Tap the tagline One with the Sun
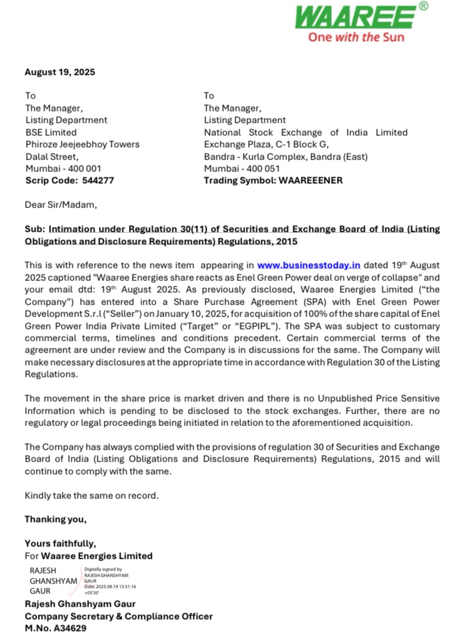356,37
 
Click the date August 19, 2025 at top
60,72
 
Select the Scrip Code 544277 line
70,181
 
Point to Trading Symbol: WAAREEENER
273,181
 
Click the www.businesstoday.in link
308,265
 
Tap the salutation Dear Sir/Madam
60,205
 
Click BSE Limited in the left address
51,132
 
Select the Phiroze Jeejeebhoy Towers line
82,144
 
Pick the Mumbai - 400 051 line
242,168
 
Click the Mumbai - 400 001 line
63,168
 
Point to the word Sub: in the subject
35,229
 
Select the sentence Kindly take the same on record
92,496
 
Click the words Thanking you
55,519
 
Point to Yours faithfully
60,544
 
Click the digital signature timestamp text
110,587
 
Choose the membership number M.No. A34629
55,628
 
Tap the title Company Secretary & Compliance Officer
118,616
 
